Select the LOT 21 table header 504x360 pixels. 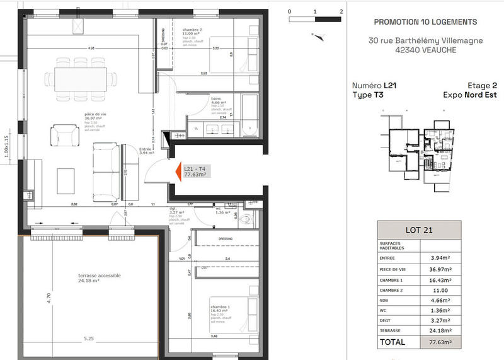coord(419,229)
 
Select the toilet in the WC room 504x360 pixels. coord(249,218)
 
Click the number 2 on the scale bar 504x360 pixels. coord(340,11)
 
